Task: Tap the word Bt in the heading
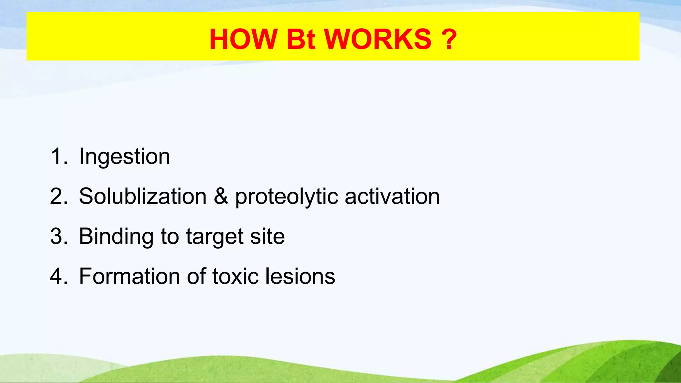pyautogui.click(x=301, y=39)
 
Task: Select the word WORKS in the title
pyautogui.click(x=378, y=39)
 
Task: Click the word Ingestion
pyautogui.click(x=124, y=157)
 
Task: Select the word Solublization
pyautogui.click(x=143, y=196)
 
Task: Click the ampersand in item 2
pyautogui.click(x=221, y=196)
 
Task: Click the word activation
pyautogui.click(x=392, y=196)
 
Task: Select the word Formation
pyautogui.click(x=129, y=276)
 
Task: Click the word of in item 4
pyautogui.click(x=196, y=276)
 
